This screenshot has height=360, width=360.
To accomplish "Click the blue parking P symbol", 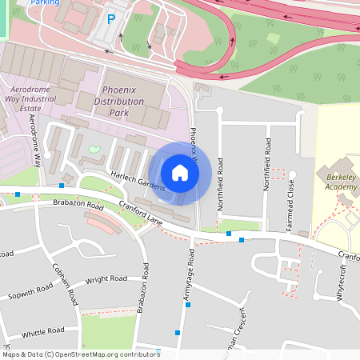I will (x=111, y=18).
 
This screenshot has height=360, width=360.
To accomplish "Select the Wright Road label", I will (x=106, y=280).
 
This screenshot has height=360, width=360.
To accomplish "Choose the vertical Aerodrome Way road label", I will (x=35, y=141).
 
